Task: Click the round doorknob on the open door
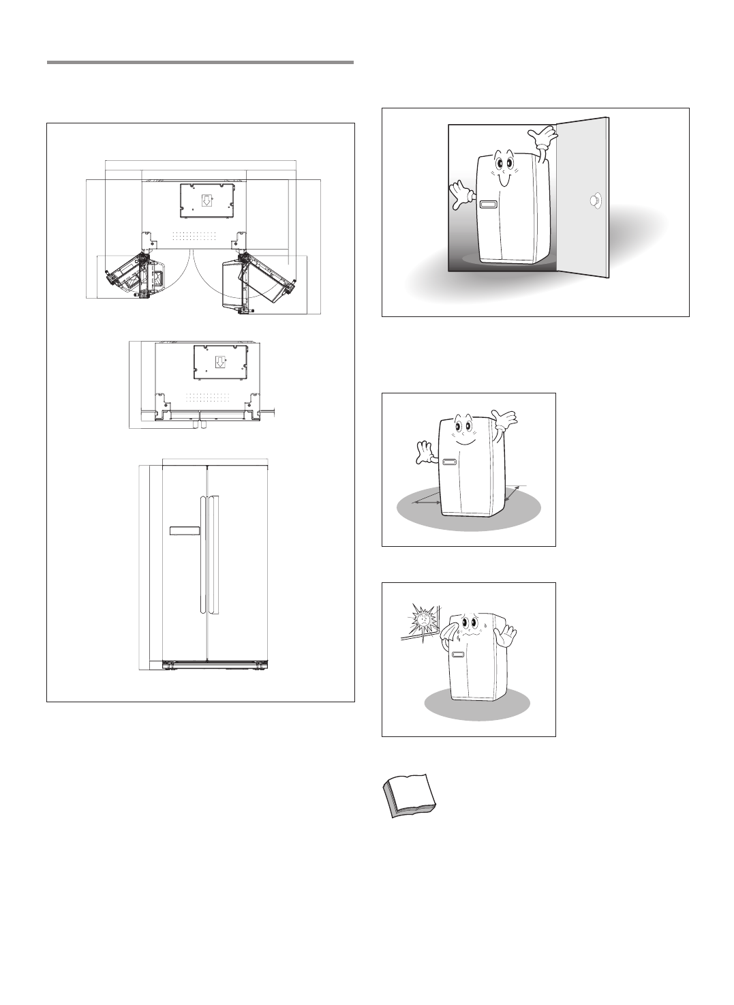596,200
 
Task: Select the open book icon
406,794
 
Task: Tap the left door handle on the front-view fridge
202,554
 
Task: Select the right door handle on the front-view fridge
213,554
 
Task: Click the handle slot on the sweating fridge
457,655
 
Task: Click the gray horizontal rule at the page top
200,63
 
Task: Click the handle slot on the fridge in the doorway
488,205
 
